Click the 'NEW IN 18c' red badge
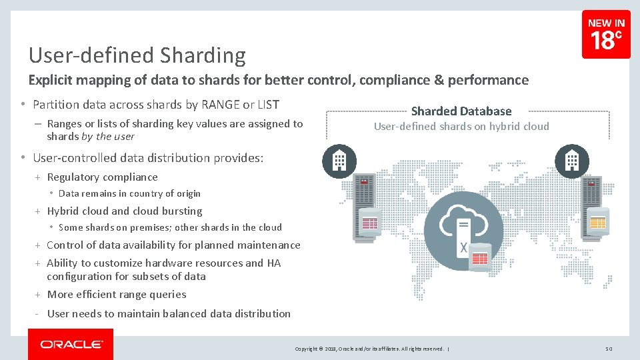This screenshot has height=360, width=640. pos(605,34)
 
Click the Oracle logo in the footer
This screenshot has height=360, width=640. pos(71,345)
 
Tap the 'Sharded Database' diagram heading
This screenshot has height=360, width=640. pos(461,111)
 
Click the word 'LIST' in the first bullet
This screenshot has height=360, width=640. pos(267,105)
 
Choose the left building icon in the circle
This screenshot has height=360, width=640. pos(339,161)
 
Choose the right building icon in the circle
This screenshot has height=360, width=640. pos(572,161)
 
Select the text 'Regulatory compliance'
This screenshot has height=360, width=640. pos(102,177)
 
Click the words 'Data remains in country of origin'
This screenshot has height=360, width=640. pos(129,194)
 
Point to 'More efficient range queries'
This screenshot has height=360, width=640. pos(117,295)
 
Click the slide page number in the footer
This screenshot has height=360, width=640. pos(609,349)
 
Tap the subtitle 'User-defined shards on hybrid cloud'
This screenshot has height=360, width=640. pos(461,127)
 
